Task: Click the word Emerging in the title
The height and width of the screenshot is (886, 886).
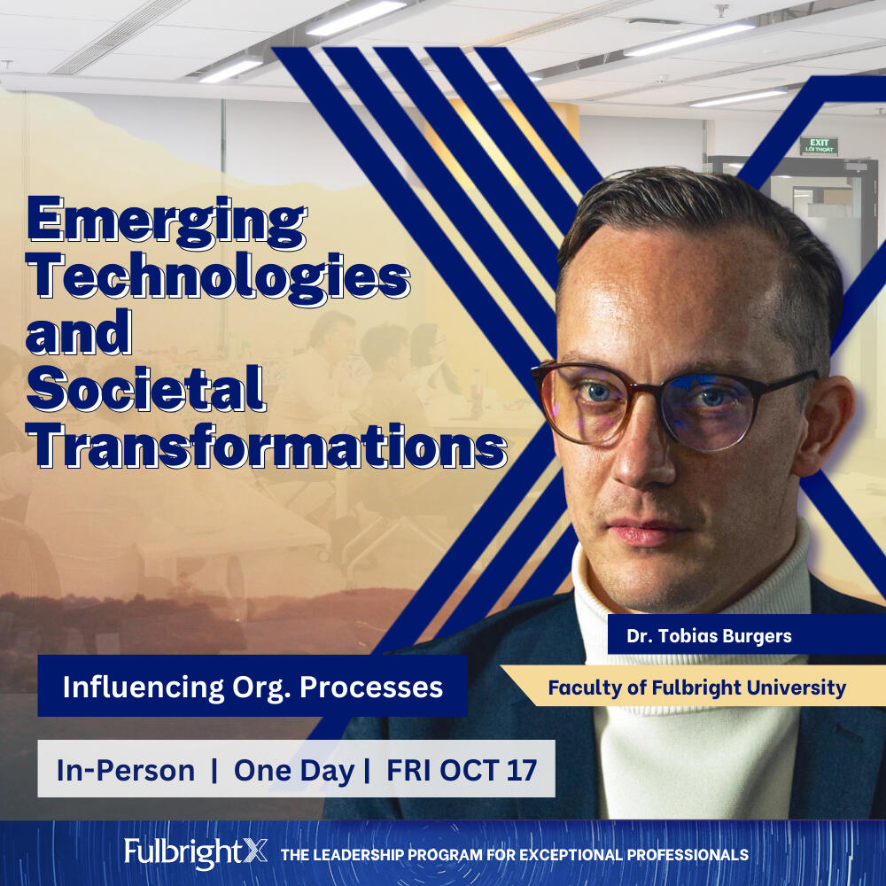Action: click(x=167, y=222)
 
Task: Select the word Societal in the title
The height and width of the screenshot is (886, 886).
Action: click(x=146, y=390)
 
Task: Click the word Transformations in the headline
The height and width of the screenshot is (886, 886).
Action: click(x=266, y=447)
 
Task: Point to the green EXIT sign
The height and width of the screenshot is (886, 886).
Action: click(x=819, y=146)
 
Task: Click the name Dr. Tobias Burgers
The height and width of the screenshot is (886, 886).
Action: click(x=709, y=635)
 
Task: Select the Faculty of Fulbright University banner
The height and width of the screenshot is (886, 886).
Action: click(x=694, y=687)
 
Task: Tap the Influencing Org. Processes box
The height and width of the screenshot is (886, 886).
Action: click(x=253, y=687)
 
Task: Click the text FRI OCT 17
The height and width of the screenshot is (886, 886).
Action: click(x=462, y=770)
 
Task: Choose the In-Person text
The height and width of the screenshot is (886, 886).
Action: click(x=126, y=770)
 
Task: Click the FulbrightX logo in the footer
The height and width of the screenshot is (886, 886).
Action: click(x=196, y=852)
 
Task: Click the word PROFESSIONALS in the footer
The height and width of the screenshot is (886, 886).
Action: click(x=688, y=854)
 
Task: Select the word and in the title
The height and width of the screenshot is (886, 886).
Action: click(x=79, y=333)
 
